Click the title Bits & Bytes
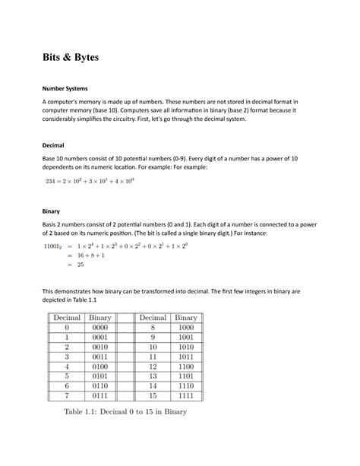[x=70, y=58]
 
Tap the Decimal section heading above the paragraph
[x=53, y=144]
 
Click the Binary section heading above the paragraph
[x=50, y=211]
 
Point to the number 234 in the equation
[x=52, y=181]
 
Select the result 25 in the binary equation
[x=80, y=265]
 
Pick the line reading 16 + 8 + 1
[x=92, y=256]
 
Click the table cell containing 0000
[x=100, y=327]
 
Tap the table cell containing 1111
[x=185, y=395]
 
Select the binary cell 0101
[x=100, y=376]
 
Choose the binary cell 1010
[x=185, y=346]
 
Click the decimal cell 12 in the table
[x=153, y=366]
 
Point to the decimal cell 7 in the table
[x=67, y=395]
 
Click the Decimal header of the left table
[x=67, y=317]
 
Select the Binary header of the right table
[x=185, y=317]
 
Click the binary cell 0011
[x=100, y=356]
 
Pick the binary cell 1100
[x=185, y=366]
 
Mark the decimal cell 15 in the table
[x=153, y=395]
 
